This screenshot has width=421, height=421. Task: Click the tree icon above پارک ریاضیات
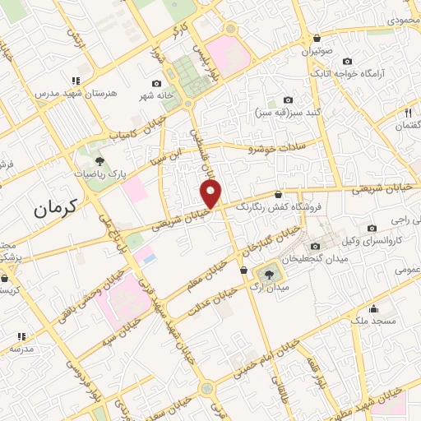[x=99, y=161]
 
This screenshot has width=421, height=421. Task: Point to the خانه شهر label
[x=156, y=95]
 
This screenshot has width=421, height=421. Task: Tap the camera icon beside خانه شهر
[x=156, y=83]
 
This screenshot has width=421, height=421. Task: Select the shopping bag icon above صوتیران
[x=317, y=37]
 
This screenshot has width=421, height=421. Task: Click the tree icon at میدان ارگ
[x=269, y=272]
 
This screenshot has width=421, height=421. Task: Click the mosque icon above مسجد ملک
[x=375, y=310]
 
